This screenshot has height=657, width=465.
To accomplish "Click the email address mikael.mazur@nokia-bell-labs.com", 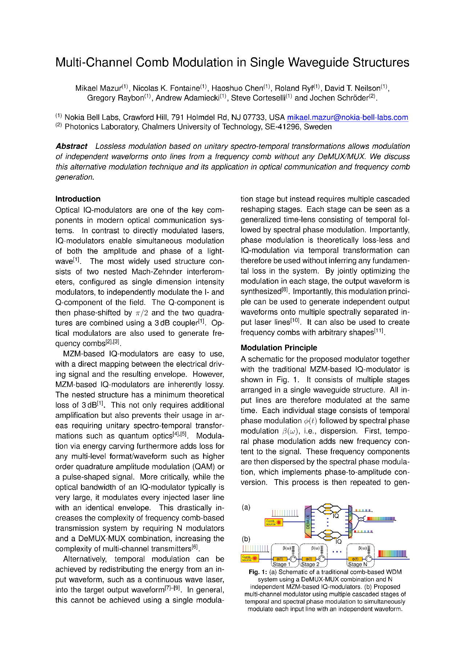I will (x=347, y=118).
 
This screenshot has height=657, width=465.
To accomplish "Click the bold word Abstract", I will (x=72, y=146).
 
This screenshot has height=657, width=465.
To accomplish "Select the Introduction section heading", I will (x=78, y=199).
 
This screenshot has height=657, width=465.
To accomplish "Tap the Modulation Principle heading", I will (x=279, y=348).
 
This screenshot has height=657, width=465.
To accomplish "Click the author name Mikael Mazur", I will (x=98, y=88).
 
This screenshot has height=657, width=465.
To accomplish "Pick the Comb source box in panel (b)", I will (x=250, y=558).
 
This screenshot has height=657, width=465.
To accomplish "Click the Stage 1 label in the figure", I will (x=282, y=564).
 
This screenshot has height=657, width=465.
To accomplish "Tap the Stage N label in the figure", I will (x=357, y=564).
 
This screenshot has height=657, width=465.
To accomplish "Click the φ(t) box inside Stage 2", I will (x=308, y=559).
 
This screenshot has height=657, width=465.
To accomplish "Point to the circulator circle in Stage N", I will (x=369, y=559).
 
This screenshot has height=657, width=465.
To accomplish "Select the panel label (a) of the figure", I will (x=246, y=507).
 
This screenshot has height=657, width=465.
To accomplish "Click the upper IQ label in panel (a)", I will (x=336, y=516).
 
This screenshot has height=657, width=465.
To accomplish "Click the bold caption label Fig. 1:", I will (x=258, y=572).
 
